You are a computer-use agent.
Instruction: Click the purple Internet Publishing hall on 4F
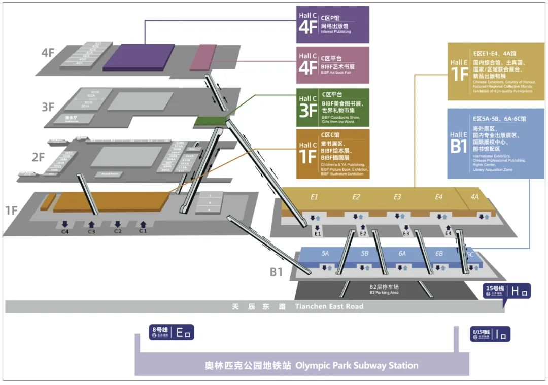pos(138,57)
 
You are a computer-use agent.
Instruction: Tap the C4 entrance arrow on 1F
pos(65,224)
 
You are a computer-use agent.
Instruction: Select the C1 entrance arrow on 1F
pos(143,224)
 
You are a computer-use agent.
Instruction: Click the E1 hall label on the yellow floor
pos(315,197)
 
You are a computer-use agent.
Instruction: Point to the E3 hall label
pos(397,197)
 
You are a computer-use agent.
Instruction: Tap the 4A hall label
pos(474,197)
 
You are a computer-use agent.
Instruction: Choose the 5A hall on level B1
pos(325,253)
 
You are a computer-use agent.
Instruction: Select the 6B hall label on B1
pos(439,253)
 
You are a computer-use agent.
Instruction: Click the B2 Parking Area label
pos(385,290)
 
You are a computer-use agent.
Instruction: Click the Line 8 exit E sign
pos(172,333)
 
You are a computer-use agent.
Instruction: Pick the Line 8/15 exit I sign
pos(490,333)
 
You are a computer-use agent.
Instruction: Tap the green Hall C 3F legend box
pos(333,108)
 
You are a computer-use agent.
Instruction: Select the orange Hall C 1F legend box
pos(333,154)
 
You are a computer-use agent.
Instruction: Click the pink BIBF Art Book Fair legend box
pos(333,65)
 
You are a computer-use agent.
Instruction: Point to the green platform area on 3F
pos(211,121)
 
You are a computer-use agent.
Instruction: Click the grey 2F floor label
pos(39,157)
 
